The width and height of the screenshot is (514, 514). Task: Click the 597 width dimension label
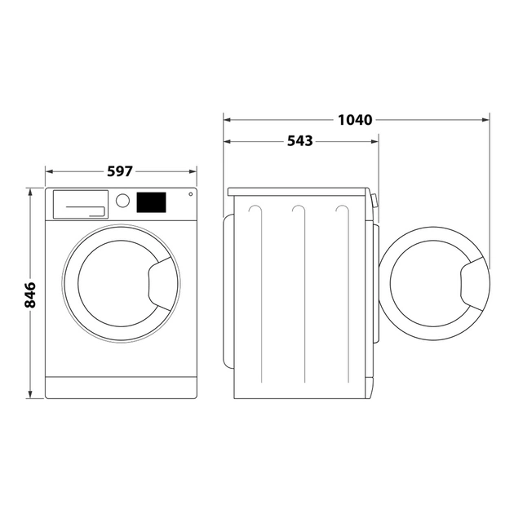pyautogui.click(x=120, y=171)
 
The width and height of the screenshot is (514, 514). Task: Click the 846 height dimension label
pyautogui.click(x=30, y=295)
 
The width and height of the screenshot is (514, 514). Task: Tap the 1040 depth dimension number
pyautogui.click(x=354, y=120)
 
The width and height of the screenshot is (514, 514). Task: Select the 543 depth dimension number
pyautogui.click(x=299, y=141)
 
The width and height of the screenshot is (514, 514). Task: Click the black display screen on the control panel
pyautogui.click(x=151, y=202)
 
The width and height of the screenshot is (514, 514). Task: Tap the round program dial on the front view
pyautogui.click(x=122, y=200)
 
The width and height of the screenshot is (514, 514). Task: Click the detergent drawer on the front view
pyautogui.click(x=80, y=203)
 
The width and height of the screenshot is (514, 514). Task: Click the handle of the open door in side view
pyautogui.click(x=474, y=288)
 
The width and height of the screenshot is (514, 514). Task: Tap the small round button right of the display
pyautogui.click(x=190, y=194)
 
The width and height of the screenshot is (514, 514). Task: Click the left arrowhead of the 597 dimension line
pyautogui.click(x=48, y=171)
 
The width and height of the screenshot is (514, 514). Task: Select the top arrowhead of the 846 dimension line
pyautogui.click(x=30, y=192)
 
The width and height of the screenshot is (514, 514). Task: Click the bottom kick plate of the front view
pyautogui.click(x=121, y=388)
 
